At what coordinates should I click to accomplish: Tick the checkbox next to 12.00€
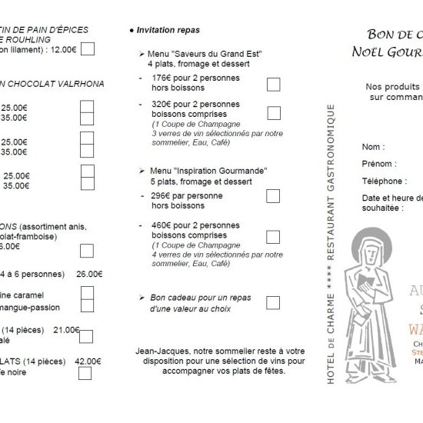[x=88, y=49]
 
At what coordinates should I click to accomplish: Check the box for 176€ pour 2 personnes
[x=273, y=85]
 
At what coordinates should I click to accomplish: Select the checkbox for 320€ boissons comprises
[x=273, y=113]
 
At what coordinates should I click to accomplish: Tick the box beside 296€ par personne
[x=272, y=196]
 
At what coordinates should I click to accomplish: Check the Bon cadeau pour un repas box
[x=272, y=301]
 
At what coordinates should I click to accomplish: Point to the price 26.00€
[x=89, y=272]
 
